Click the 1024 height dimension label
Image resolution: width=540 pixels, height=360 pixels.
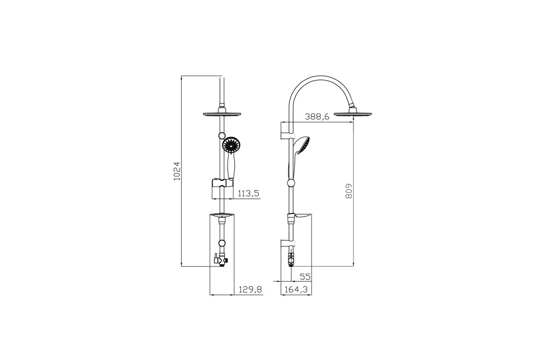pyautogui.click(x=177, y=171)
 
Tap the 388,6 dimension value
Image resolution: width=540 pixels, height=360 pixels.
pyautogui.click(x=317, y=117)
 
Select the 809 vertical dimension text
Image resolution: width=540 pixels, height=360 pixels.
pyautogui.click(x=349, y=191)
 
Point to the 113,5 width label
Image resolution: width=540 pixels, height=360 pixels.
pyautogui.click(x=248, y=193)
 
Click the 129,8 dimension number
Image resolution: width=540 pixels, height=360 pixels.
pyautogui.click(x=250, y=289)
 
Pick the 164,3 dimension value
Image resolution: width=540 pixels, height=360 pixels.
pyautogui.click(x=296, y=289)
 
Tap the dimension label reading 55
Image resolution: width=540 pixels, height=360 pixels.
pyautogui.click(x=305, y=277)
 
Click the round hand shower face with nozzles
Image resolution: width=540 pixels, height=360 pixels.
pyautogui.click(x=231, y=145)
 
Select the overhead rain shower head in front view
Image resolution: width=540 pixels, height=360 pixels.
pyautogui.click(x=222, y=112)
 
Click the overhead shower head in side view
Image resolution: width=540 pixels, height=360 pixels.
pyautogui.click(x=352, y=112)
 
